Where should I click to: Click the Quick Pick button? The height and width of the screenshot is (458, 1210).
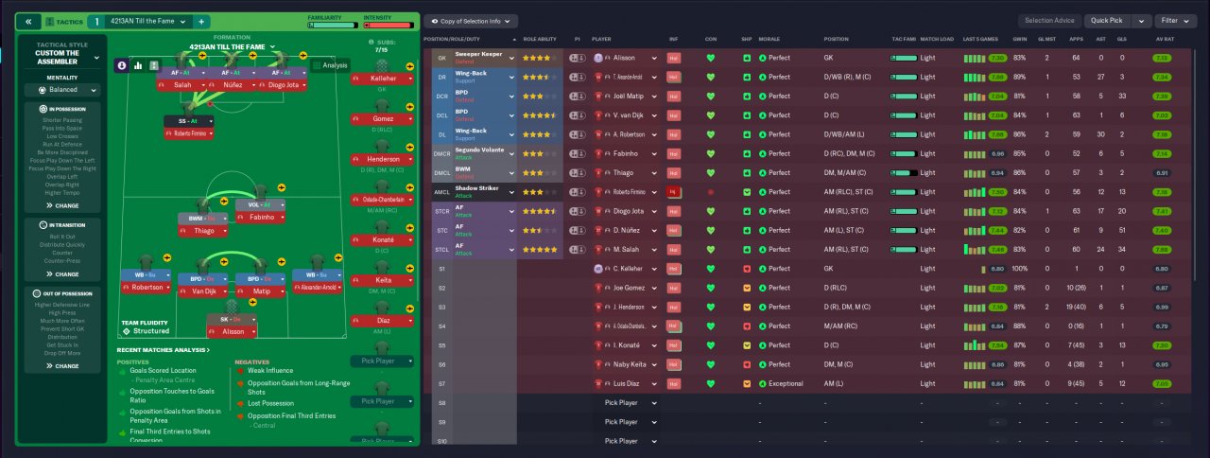pyautogui.click(x=1107, y=20)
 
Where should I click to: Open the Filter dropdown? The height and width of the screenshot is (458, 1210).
pyautogui.click(x=1175, y=20)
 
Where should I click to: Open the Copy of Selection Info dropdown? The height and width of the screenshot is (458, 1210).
pyautogui.click(x=470, y=20)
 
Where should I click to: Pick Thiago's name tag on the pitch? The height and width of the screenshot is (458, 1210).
pyautogui.click(x=204, y=230)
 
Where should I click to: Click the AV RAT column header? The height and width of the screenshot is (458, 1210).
pyautogui.click(x=1165, y=39)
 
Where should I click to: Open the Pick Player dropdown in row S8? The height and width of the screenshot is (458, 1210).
pyautogui.click(x=629, y=403)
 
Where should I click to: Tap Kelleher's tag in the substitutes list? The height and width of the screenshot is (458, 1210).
pyautogui.click(x=383, y=78)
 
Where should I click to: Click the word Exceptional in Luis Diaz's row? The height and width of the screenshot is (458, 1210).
pyautogui.click(x=785, y=383)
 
